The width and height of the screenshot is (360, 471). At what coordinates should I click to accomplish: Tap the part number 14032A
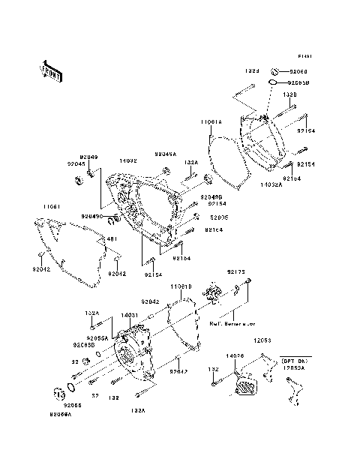[271, 184]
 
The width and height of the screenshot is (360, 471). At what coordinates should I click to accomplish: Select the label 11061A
[211, 121]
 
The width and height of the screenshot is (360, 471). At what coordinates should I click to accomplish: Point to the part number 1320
[290, 96]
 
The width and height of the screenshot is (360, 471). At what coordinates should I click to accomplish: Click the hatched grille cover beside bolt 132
[245, 386]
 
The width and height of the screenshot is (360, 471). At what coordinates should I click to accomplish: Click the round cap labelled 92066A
[58, 393]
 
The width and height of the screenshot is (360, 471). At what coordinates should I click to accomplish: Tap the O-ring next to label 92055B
[275, 82]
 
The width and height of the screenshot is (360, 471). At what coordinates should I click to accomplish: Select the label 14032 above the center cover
[128, 160]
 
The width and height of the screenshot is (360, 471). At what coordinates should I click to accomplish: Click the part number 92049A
[166, 154]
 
